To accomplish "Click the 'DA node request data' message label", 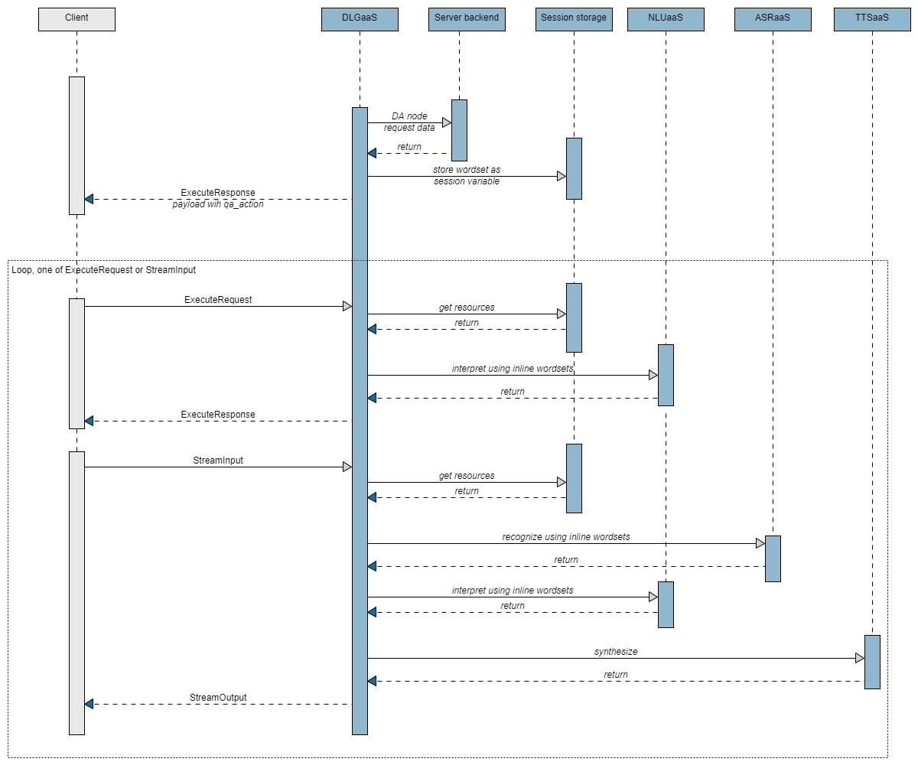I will tap(409, 122).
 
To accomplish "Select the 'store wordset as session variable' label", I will tap(467, 175).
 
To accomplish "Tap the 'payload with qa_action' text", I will tap(218, 204).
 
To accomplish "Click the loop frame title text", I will tap(104, 270).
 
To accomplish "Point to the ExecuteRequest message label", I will tap(218, 300).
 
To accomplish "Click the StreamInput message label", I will tap(218, 461).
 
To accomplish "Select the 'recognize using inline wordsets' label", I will tap(566, 537).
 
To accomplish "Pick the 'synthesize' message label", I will tap(616, 652).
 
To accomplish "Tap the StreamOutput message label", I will tap(218, 698).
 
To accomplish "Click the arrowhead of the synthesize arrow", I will tap(859, 658).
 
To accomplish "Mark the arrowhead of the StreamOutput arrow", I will tap(89, 704).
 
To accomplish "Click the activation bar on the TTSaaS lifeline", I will tap(872, 662).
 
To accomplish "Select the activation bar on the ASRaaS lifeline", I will tap(773, 558).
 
